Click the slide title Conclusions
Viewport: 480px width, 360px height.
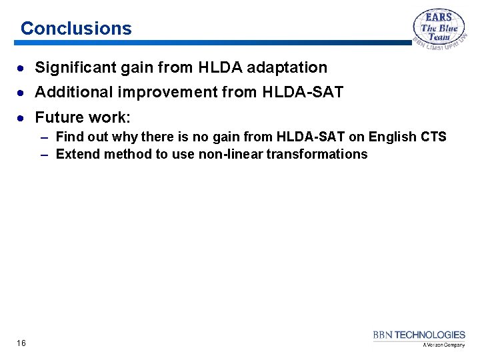tap(76, 29)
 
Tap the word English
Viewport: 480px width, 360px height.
tap(392, 137)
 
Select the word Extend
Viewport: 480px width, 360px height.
tap(77, 155)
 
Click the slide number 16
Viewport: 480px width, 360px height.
tap(21, 343)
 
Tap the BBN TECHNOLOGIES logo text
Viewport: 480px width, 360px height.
tap(419, 335)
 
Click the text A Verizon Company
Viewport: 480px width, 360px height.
tap(443, 345)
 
